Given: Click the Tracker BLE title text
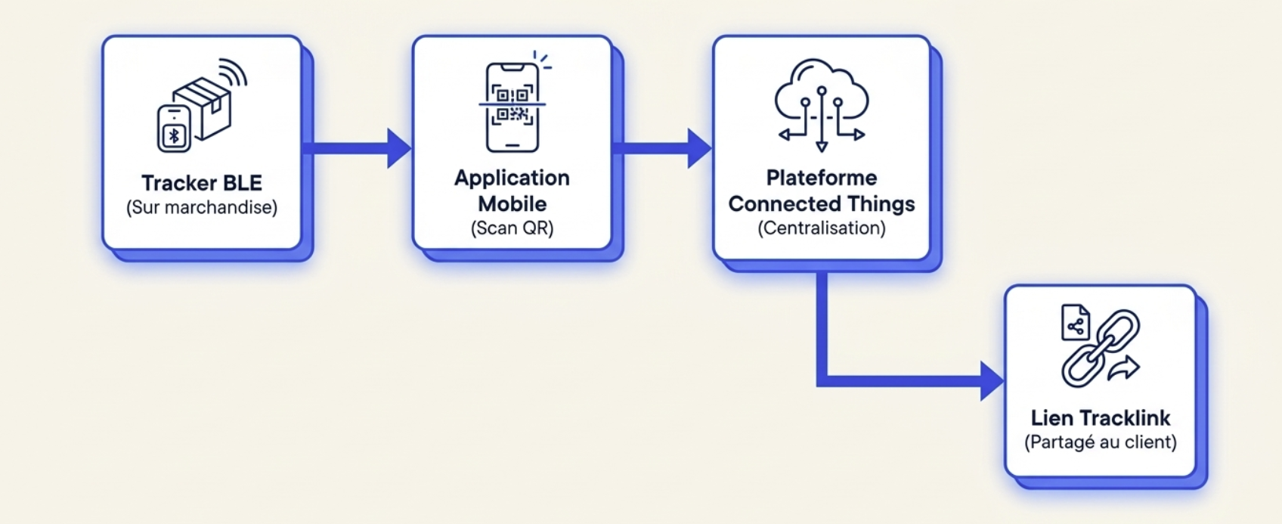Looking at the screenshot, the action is pos(202,183).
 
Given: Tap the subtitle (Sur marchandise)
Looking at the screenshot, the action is pos(202,207).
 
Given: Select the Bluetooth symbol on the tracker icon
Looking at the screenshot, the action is pos(174,136).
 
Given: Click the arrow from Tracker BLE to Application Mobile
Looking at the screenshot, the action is pos(357,148).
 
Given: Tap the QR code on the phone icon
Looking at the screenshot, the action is pos(512,105).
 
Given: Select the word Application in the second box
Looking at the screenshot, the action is pos(512,178).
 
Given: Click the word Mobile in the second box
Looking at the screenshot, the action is pos(512,204).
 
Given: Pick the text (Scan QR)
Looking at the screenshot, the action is pos(512,228).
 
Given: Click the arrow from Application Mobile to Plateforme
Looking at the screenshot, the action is pos(662,148).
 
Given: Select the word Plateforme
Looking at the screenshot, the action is pos(821,178).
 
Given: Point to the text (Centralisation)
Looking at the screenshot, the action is pos(821,228).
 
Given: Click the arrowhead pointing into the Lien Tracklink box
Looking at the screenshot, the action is pos(992,381).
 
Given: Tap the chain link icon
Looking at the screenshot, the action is pos(1101,349).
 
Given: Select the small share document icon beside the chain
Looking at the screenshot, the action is pos(1076,323).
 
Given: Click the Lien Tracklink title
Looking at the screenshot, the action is pos(1100,418).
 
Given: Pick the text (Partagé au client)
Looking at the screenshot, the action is pos(1100,442).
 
